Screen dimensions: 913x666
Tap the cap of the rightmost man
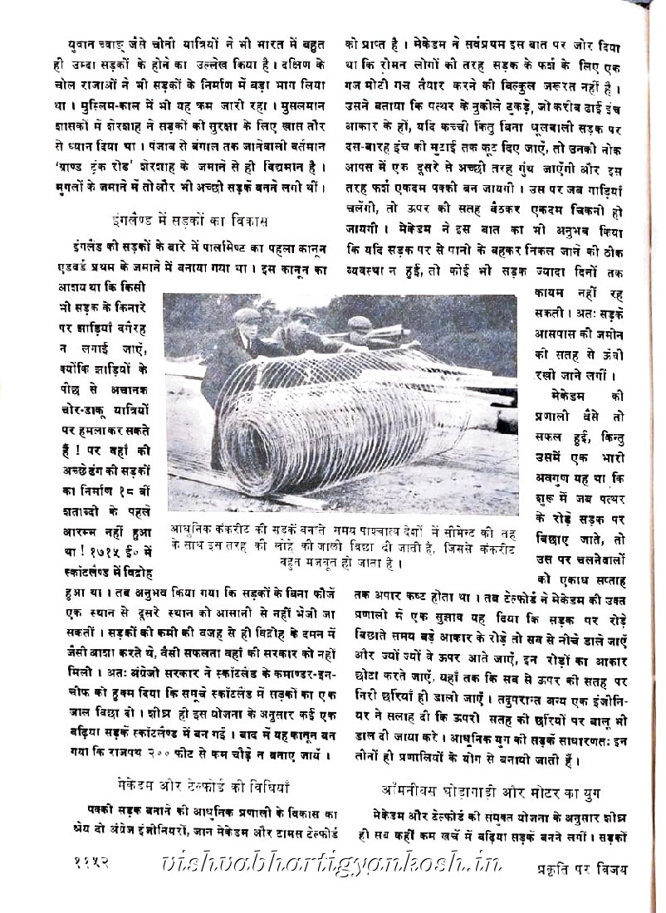point(359,323)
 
